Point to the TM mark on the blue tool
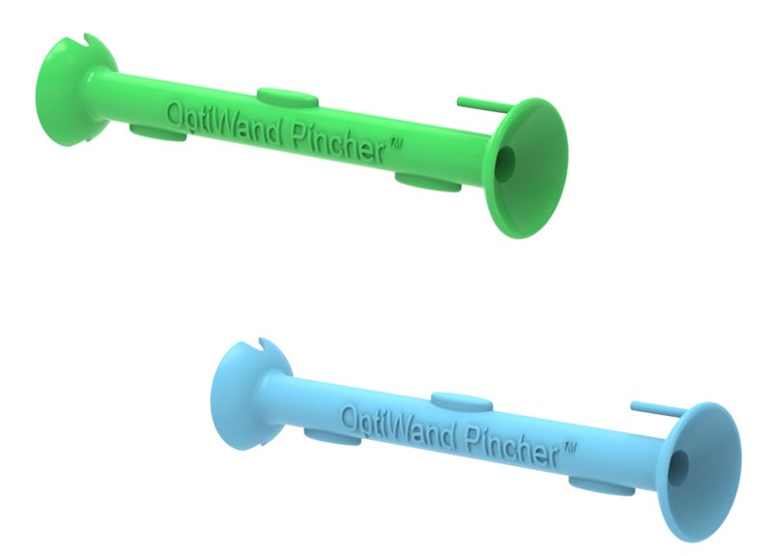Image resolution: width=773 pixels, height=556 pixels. (x=569, y=448)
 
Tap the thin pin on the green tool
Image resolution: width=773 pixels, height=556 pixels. (x=480, y=103)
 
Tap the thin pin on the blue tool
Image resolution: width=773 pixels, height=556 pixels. (x=655, y=407)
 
